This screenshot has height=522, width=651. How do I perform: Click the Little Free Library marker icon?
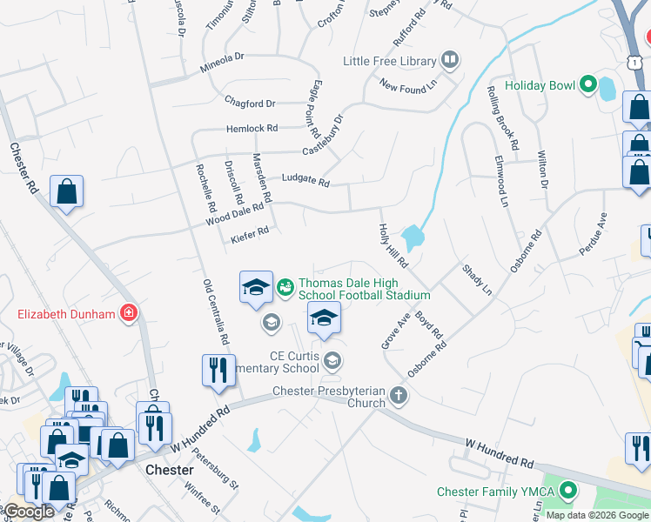[x=450, y=60]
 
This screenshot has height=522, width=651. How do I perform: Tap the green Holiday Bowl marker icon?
[x=587, y=85]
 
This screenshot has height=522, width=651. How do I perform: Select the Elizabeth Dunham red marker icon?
[x=129, y=313]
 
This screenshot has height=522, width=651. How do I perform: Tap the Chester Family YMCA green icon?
[x=569, y=492]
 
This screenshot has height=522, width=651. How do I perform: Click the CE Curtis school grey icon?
[x=332, y=359]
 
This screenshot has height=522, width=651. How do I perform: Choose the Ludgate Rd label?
[x=305, y=182]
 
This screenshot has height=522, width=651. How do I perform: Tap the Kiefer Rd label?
[x=250, y=232]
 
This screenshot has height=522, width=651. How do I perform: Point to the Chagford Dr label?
[x=249, y=101]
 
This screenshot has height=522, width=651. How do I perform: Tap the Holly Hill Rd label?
[x=393, y=244]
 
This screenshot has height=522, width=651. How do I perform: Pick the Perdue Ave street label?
[x=594, y=234]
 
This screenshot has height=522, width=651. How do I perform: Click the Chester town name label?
[x=170, y=470]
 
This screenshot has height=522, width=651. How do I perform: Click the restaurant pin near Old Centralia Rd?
[x=218, y=371]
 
